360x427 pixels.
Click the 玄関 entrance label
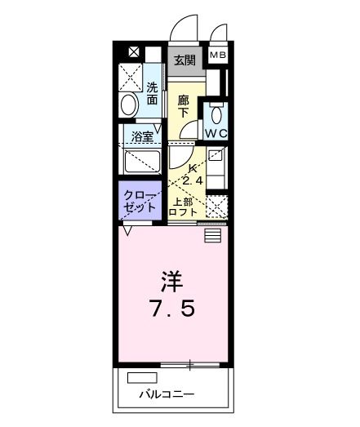184,60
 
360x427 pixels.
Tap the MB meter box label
218,55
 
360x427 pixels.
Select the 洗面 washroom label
153,94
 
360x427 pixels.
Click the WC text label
216,133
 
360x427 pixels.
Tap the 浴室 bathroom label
144,136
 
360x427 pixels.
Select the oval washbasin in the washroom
129,105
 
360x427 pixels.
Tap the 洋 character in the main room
171,282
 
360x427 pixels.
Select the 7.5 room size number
172,311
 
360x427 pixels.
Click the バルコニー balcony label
166,394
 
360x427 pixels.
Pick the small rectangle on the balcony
141,378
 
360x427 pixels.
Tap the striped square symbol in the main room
213,235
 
